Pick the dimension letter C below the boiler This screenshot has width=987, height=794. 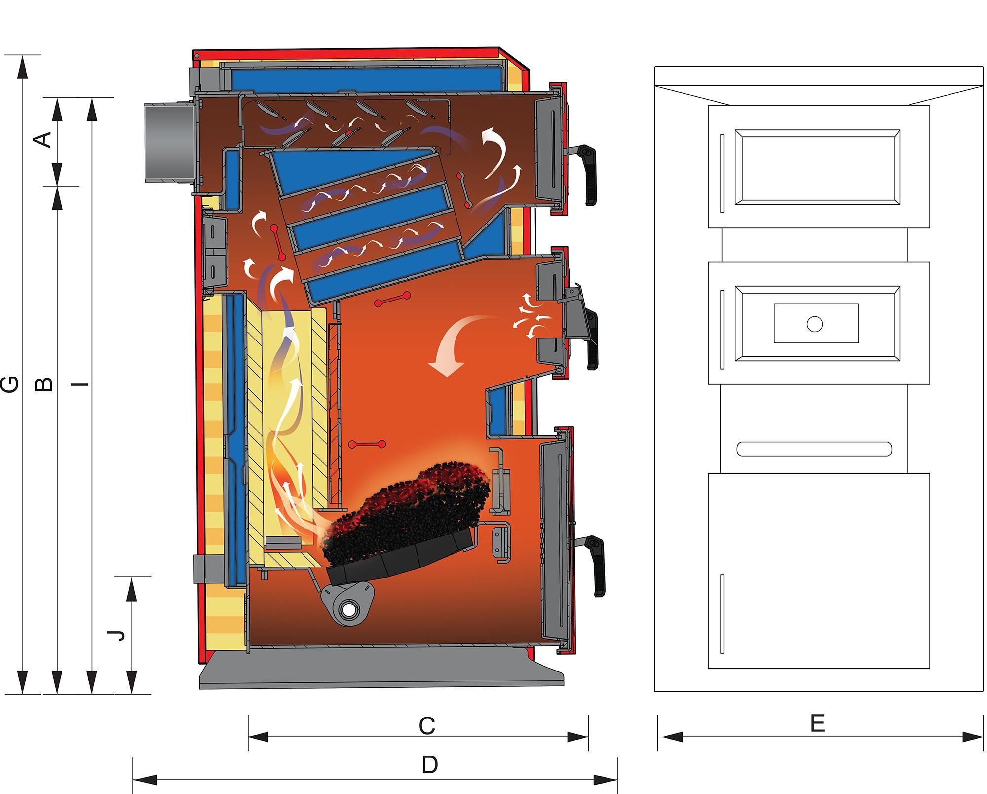(427, 726)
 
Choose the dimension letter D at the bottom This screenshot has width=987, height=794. (430, 765)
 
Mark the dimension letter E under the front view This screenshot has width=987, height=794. (818, 724)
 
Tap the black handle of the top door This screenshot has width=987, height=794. (588, 174)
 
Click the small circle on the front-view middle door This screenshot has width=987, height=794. (815, 324)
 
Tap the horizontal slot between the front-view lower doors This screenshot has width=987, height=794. (814, 449)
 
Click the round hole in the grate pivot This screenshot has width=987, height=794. (350, 610)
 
